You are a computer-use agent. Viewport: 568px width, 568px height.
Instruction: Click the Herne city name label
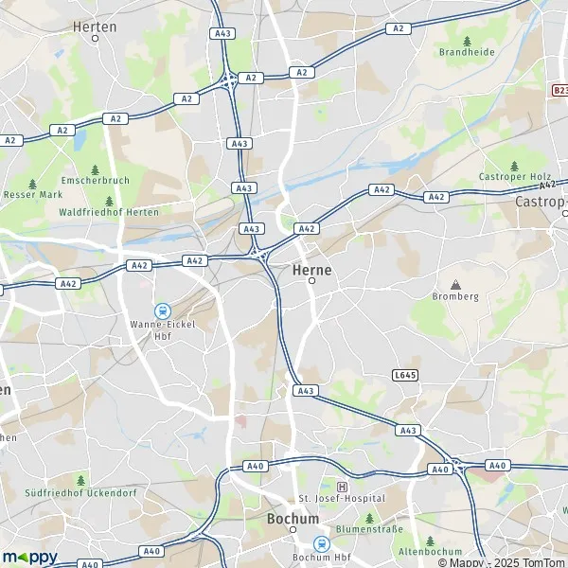pyautogui.click(x=313, y=269)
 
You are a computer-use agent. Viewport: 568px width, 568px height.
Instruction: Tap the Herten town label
pyautogui.click(x=95, y=27)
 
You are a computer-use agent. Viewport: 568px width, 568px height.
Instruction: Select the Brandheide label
pyautogui.click(x=467, y=53)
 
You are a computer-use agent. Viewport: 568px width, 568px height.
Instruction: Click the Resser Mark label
pyautogui.click(x=32, y=195)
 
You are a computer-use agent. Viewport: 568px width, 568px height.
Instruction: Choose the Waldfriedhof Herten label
pyautogui.click(x=109, y=212)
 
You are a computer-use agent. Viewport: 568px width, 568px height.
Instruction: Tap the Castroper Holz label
pyautogui.click(x=514, y=177)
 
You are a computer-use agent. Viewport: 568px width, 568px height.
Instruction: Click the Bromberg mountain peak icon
pyautogui.click(x=455, y=284)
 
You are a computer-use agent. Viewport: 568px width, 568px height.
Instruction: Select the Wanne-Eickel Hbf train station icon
pyautogui.click(x=162, y=310)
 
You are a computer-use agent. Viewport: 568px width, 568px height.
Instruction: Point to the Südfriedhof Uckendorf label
pyautogui.click(x=81, y=491)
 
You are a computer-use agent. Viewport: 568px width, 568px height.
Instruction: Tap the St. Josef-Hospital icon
pyautogui.click(x=328, y=486)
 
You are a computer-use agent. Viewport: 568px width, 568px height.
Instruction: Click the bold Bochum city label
pyautogui.click(x=293, y=520)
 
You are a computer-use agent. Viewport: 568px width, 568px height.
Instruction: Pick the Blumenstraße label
pyautogui.click(x=370, y=531)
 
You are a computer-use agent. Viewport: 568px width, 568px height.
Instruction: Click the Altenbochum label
pyautogui.click(x=430, y=552)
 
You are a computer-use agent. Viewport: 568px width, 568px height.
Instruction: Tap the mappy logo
pyautogui.click(x=29, y=557)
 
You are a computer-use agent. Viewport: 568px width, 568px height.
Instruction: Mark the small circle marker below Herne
pyautogui.click(x=311, y=280)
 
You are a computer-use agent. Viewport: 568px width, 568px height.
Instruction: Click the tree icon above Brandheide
pyautogui.click(x=468, y=41)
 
